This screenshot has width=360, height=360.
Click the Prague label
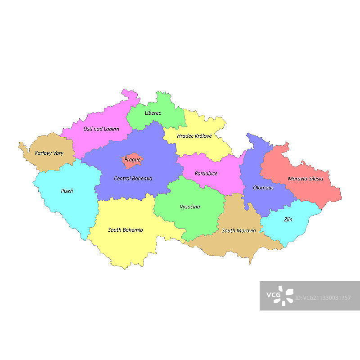(x=132, y=160)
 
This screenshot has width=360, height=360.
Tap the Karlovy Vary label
(x=49, y=153)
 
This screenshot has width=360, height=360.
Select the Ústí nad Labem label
(x=101, y=129)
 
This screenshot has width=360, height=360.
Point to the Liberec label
(x=153, y=113)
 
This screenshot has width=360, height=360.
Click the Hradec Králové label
(x=194, y=135)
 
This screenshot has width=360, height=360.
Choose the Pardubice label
(x=206, y=173)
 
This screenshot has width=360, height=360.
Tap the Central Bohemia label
(x=133, y=179)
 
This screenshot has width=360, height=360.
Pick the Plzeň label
(x=67, y=191)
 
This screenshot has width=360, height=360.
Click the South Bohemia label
(x=126, y=230)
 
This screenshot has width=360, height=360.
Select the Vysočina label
(x=190, y=207)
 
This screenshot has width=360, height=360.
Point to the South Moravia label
(x=239, y=230)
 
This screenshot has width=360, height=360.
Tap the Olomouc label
(x=264, y=188)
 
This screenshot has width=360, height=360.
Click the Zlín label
(x=288, y=220)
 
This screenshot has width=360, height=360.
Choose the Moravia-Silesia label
(x=306, y=179)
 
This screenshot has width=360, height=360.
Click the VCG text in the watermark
(x=273, y=295)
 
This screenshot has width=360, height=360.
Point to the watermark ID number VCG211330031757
(x=323, y=298)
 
